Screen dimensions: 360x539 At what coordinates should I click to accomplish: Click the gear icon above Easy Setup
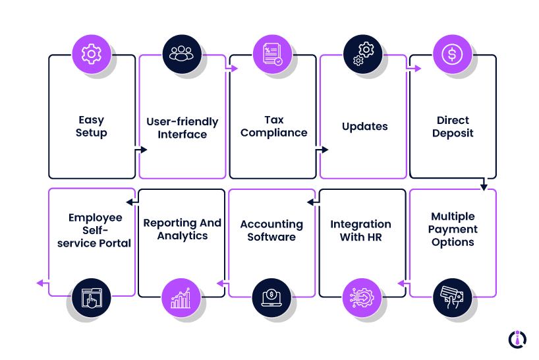pos(92,54)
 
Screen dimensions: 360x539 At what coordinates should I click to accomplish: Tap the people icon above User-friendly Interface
pos(182,54)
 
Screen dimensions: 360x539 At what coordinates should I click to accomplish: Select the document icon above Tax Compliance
pos(272,54)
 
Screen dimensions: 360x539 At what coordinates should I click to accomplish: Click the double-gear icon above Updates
pos(362,54)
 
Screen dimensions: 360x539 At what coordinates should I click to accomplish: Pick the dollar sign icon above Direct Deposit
pos(452,54)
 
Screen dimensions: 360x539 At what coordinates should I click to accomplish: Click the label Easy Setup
pos(92,127)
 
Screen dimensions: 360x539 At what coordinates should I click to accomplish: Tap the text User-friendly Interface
pos(182,129)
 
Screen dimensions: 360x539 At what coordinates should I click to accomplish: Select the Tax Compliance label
pos(273,127)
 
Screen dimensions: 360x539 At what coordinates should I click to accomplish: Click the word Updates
pos(364,127)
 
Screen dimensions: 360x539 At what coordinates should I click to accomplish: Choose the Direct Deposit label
pos(453,127)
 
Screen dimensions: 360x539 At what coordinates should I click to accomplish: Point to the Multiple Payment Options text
pos(453,229)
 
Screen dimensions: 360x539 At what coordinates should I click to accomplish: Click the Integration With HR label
pos(360,230)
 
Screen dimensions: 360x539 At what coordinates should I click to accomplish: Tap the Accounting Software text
pos(271,230)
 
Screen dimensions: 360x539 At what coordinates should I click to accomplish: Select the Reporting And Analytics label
pos(183,229)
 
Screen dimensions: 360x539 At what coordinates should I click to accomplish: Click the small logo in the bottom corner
pos(517,339)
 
